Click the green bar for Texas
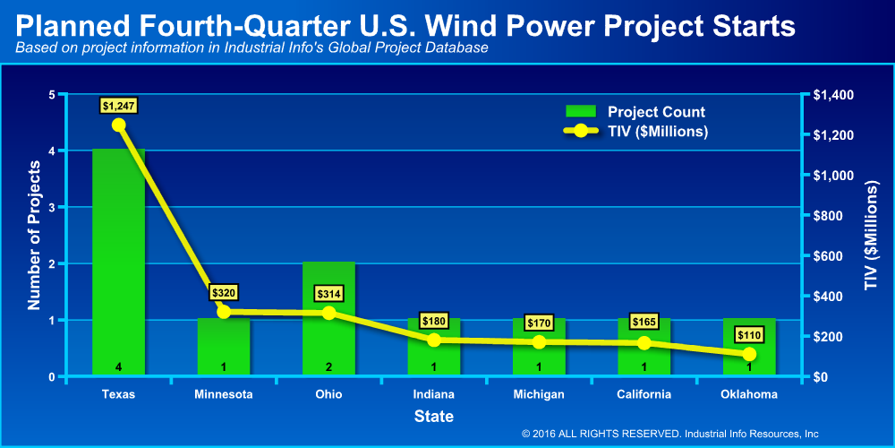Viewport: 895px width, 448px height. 119,263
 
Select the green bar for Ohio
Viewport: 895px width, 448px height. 328,319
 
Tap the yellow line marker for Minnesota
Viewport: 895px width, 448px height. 224,312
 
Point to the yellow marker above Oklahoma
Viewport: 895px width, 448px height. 749,354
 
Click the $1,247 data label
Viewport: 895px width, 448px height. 119,106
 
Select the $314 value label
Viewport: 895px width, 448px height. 328,294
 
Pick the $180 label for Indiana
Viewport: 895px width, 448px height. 434,321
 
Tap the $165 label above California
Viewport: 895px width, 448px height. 644,321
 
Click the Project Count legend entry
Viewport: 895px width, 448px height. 635,111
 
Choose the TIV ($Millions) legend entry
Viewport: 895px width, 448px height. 635,131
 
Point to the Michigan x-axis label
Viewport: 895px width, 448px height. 538,394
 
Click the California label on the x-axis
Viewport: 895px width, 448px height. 644,394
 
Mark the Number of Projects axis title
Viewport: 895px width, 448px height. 35,236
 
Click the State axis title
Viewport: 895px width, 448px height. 434,417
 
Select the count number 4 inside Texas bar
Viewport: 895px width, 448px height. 119,366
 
